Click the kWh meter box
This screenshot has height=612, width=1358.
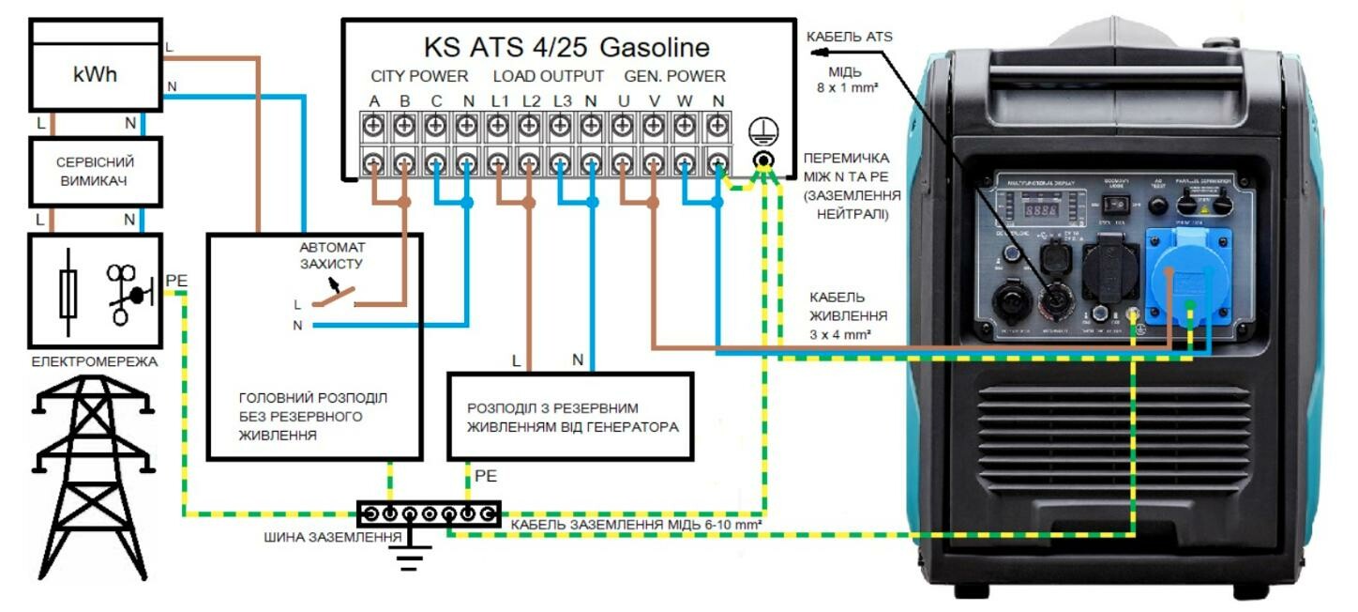(x=95, y=73)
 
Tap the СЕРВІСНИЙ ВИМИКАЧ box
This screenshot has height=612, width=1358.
(x=95, y=171)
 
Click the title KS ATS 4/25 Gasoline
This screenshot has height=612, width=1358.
(x=566, y=47)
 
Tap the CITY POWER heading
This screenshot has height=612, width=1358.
(x=419, y=76)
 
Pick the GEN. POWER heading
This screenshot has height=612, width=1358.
(x=675, y=76)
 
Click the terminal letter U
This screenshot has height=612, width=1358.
(x=623, y=100)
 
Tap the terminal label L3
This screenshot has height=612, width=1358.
(x=562, y=100)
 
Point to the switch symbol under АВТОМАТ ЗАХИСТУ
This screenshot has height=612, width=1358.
(x=334, y=297)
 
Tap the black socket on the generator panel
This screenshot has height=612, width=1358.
(x=1110, y=268)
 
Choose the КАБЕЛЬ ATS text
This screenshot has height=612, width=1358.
(x=850, y=37)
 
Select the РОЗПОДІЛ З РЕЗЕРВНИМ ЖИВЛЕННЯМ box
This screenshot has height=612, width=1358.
(x=569, y=417)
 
